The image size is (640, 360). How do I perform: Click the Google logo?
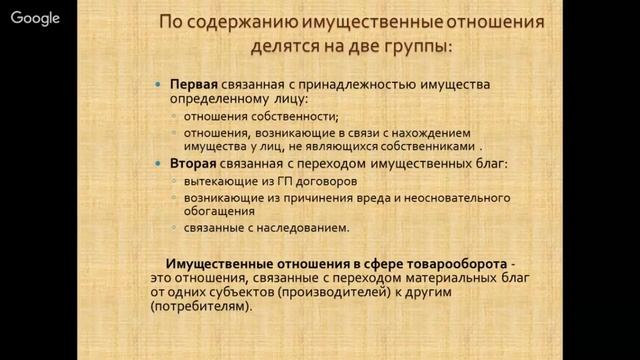36,18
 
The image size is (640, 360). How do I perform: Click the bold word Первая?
193,85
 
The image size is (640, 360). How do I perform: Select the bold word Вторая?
193,164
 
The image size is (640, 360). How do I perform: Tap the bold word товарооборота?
450,261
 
